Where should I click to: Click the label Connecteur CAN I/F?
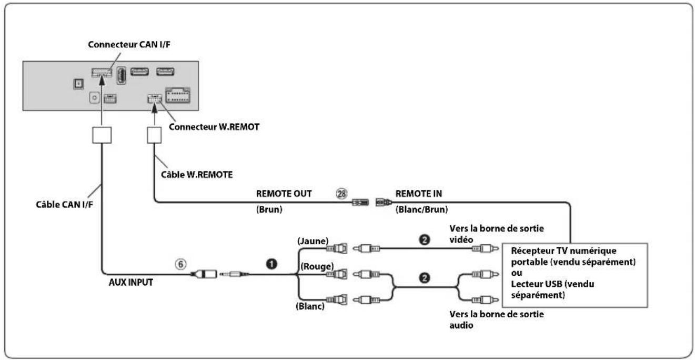129,45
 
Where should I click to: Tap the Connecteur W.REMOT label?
214,127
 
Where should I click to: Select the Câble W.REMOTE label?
197,175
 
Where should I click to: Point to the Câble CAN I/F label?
64,205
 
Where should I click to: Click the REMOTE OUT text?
284,194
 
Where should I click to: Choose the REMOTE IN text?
418,194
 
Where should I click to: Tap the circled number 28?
341,194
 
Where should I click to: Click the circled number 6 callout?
180,264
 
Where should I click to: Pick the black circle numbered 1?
271,264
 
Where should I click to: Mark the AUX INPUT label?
130,283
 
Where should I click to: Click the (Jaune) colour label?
313,241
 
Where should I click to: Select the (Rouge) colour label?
317,267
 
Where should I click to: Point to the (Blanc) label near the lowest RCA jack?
310,306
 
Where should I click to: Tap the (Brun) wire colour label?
269,209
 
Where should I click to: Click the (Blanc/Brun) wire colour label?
421,209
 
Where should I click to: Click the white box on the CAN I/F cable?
102,135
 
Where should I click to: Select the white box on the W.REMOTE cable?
154,135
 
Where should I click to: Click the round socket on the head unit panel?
94,98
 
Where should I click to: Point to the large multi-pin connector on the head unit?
178,95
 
